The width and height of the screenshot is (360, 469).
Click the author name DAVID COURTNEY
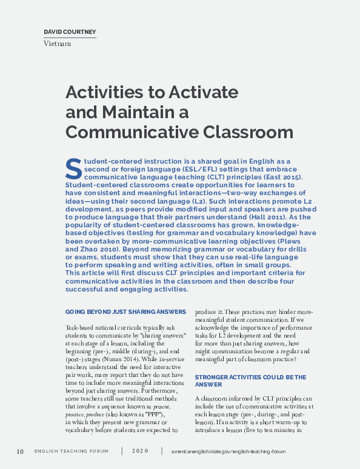(x=70, y=32)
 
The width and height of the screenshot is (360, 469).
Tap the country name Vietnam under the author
(x=58, y=44)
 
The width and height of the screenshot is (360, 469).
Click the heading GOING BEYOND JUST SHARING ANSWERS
(x=125, y=311)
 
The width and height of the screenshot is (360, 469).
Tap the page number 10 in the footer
(x=20, y=451)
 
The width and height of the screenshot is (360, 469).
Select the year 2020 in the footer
(x=139, y=452)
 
